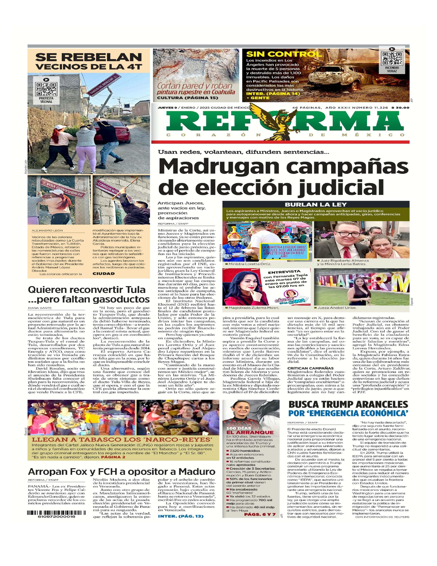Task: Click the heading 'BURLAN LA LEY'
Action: pos(316,204)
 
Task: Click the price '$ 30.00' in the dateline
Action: pos(400,107)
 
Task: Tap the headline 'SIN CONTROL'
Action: pos(284,54)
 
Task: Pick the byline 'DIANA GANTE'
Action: pos(40,308)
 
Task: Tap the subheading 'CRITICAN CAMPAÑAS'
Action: pos(310,368)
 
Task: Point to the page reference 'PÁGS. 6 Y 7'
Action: pos(259,514)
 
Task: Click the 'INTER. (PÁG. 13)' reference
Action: pos(181,516)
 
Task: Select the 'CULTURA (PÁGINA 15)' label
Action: pos(187,98)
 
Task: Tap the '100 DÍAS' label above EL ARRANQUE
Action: pos(236,428)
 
